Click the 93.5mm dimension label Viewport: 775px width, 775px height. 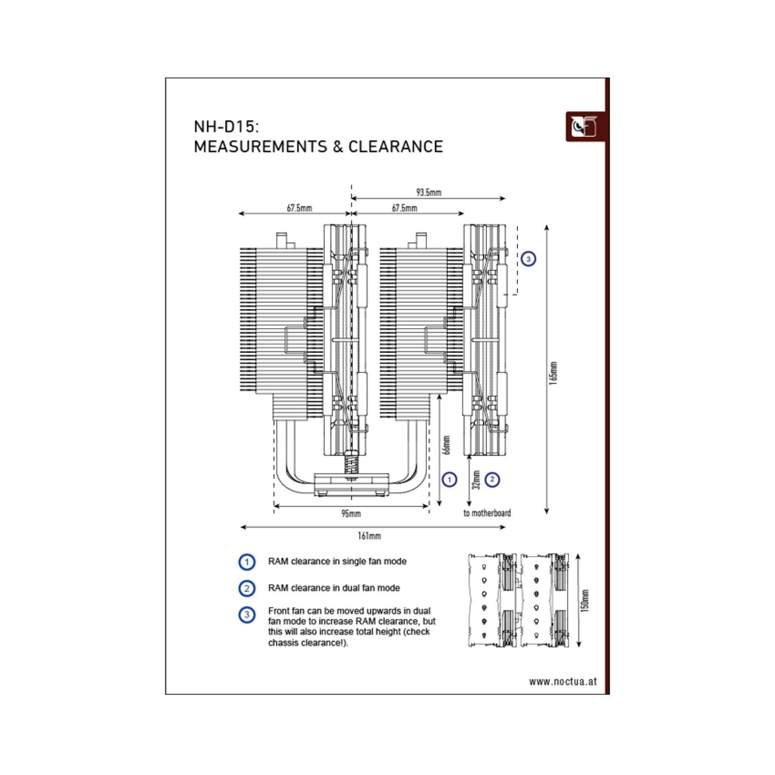pyautogui.click(x=429, y=192)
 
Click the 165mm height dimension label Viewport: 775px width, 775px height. pyautogui.click(x=553, y=373)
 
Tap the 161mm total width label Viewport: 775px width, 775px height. pyautogui.click(x=369, y=536)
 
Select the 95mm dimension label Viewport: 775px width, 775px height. pyautogui.click(x=351, y=513)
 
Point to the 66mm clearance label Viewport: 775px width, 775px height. pyautogui.click(x=446, y=445)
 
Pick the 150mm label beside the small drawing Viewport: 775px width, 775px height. pyautogui.click(x=585, y=600)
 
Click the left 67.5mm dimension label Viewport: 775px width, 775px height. pyautogui.click(x=299, y=208)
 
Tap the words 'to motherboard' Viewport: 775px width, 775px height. pyautogui.click(x=487, y=513)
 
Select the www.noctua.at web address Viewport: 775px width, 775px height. pyautogui.click(x=563, y=681)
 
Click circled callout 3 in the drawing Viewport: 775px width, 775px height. pyautogui.click(x=528, y=259)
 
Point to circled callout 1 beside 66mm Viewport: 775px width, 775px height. pyautogui.click(x=449, y=480)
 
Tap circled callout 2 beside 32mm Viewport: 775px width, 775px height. pyautogui.click(x=492, y=480)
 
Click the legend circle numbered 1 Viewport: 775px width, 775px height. pyautogui.click(x=247, y=562)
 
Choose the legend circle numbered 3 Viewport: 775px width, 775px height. pyautogui.click(x=247, y=615)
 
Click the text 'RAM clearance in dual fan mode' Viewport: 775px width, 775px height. pyautogui.click(x=334, y=588)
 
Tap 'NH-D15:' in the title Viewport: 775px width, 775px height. pyautogui.click(x=226, y=127)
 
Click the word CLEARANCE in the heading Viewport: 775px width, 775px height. pyautogui.click(x=396, y=147)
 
